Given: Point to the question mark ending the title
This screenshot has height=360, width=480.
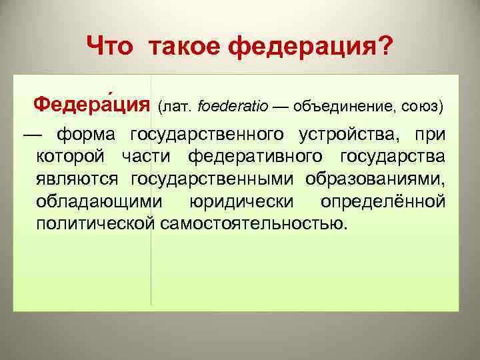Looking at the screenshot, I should point(385,47).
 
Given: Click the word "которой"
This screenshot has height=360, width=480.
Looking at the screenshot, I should point(71,157).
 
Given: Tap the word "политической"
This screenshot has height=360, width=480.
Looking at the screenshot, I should point(96,222).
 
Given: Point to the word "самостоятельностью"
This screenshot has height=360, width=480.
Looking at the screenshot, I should point(254,222).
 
